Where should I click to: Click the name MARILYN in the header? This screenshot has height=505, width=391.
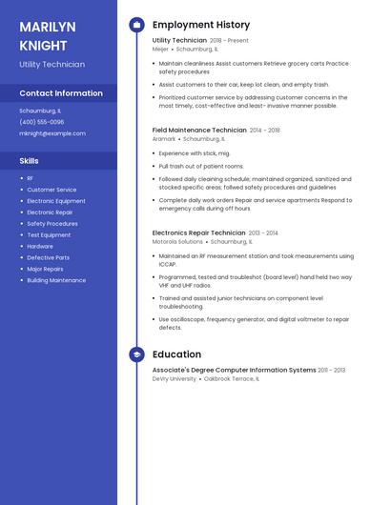point(49,26)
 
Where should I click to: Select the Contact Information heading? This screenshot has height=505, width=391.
point(61,93)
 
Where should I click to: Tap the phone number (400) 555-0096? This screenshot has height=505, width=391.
point(42,122)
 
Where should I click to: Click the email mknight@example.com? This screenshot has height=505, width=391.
point(52,133)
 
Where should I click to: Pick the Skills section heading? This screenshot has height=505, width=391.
point(29,161)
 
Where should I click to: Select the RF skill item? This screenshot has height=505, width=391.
point(31,178)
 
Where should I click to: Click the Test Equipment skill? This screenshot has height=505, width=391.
point(49,235)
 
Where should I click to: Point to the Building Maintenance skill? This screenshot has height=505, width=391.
point(56,280)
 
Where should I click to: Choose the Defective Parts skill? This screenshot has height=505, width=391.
point(48,257)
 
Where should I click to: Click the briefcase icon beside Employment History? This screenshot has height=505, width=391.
point(136,25)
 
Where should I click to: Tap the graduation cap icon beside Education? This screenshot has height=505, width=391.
point(136,354)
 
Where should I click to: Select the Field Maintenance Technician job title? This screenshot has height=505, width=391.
point(199,130)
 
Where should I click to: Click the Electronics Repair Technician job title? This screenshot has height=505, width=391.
point(199,232)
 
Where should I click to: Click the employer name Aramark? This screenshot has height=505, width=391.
point(164,138)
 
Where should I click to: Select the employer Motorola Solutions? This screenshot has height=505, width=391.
point(177,241)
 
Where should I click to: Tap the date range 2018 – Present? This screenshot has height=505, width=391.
point(229,41)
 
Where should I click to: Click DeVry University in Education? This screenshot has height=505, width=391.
point(175,378)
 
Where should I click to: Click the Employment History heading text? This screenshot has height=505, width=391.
point(201,25)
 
